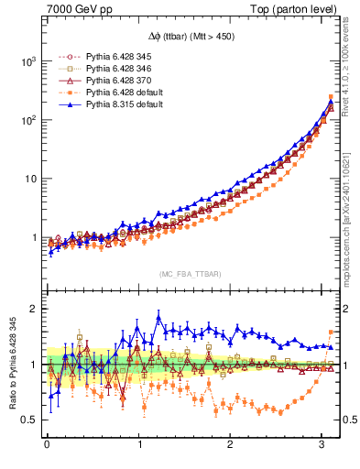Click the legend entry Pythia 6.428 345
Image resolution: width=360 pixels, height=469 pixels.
coord(107,57)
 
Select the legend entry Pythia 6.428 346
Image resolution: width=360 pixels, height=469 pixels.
coord(107,69)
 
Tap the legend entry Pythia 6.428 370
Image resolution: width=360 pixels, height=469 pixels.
coord(107,81)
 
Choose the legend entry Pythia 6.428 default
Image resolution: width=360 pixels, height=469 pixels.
coord(109,93)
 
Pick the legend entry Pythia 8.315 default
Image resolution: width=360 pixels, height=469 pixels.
coord(109,104)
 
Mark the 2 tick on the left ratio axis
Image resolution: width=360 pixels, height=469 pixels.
coord(31,309)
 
